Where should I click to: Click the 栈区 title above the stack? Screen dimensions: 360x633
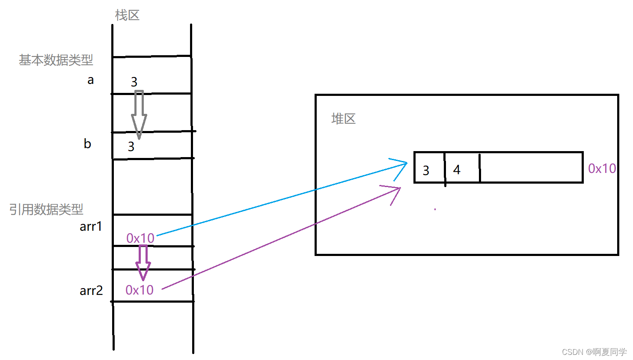(x=127, y=15)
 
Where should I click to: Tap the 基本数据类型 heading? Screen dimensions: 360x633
(x=56, y=60)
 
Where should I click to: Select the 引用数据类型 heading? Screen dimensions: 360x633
(x=46, y=209)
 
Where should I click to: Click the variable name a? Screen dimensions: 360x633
(x=90, y=80)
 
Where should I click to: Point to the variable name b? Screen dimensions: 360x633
(x=87, y=143)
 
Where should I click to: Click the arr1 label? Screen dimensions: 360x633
(x=91, y=226)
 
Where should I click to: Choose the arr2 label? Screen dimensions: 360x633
(x=91, y=291)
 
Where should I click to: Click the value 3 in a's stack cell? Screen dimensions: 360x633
(x=134, y=82)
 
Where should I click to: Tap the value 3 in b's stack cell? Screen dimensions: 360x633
(x=131, y=147)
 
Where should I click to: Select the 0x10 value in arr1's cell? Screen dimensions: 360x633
(x=140, y=238)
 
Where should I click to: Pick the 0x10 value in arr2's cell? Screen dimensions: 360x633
(x=139, y=290)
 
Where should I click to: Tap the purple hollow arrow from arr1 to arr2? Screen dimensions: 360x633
(x=143, y=262)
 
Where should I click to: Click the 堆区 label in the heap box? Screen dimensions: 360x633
(x=343, y=119)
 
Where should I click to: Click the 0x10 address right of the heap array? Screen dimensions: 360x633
(x=602, y=169)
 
